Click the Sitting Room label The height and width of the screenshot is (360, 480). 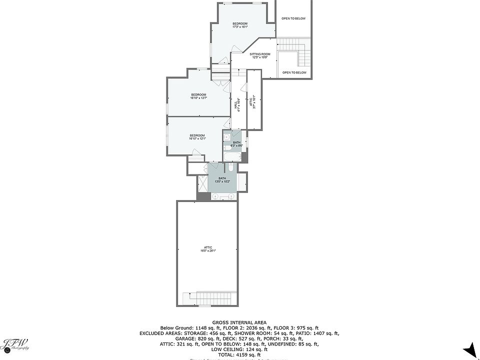pos(260,55)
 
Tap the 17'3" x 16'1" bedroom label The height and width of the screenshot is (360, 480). pos(240,25)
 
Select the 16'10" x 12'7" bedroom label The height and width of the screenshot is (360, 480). pos(198,96)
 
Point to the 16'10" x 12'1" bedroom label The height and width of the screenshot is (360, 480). pos(197,137)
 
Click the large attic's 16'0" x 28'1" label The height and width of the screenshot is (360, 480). pos(208,249)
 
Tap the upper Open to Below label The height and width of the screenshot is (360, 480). pos(293,18)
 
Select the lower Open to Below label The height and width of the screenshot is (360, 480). pos(294,72)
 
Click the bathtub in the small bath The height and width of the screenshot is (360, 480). pos(232,157)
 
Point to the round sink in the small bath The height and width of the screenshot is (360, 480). pos(226,137)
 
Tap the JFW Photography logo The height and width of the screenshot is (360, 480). pos(16,345)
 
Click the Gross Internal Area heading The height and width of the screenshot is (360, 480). pos(239,322)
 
